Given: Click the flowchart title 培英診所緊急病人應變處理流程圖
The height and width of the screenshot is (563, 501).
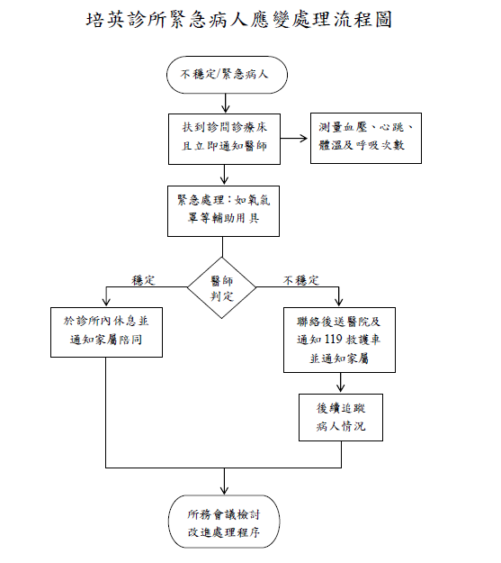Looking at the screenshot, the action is [x=238, y=19].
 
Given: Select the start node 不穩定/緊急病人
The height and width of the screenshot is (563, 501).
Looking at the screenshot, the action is [x=227, y=75].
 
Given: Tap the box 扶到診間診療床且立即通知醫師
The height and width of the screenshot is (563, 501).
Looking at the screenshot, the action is [x=224, y=139].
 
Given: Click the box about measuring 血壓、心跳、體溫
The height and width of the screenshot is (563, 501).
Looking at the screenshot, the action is [x=366, y=138].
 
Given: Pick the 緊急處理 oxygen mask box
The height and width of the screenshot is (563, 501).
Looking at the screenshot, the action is [x=223, y=211].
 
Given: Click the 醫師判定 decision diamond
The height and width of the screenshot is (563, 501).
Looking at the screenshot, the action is [x=221, y=287].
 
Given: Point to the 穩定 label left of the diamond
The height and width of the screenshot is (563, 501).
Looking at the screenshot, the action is [x=143, y=280].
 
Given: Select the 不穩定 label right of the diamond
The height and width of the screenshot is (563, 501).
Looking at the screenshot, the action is [x=301, y=280].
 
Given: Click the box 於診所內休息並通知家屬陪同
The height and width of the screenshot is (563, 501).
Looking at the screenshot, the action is [x=106, y=332].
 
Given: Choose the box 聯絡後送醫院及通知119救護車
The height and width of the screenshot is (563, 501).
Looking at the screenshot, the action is [x=339, y=340].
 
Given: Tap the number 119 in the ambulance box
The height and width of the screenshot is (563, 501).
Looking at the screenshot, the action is [x=333, y=340].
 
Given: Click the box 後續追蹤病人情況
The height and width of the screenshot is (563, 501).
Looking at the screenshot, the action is [x=341, y=417].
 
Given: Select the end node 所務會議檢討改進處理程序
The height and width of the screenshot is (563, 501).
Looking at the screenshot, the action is [x=224, y=522].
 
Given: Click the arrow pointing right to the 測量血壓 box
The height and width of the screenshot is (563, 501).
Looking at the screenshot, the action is [x=294, y=138].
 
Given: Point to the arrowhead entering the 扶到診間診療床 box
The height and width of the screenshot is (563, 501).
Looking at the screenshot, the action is [x=225, y=109].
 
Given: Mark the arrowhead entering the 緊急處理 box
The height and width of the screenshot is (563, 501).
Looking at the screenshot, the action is [x=224, y=180].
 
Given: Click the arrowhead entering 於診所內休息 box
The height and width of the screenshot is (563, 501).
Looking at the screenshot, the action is [x=106, y=302].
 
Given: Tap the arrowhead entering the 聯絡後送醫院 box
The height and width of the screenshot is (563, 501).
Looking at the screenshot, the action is [x=338, y=302].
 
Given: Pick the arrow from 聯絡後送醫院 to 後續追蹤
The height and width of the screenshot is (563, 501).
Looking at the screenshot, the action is [x=341, y=383].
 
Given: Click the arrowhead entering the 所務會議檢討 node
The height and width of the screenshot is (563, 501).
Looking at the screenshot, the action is [x=224, y=490].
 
